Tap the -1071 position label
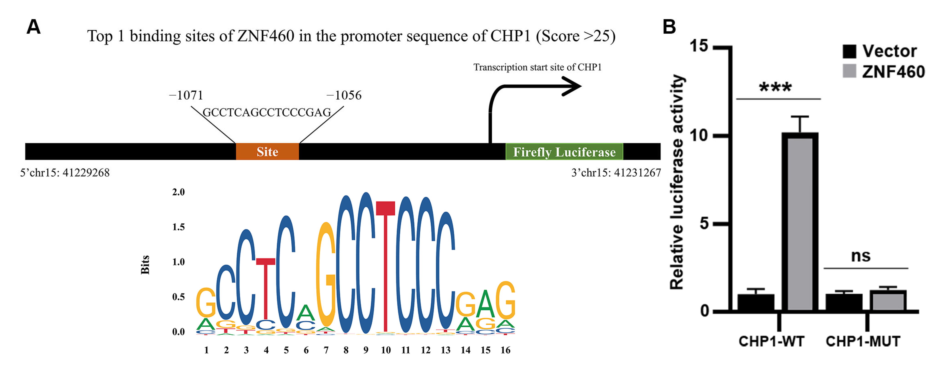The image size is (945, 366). pyautogui.click(x=186, y=95)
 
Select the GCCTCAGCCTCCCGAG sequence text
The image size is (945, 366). pyautogui.click(x=267, y=112)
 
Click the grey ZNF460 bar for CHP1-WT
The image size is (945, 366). pyautogui.click(x=800, y=223)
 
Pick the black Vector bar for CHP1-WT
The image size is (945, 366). pyautogui.click(x=756, y=303)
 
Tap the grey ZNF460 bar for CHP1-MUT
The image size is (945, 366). pyautogui.click(x=888, y=301)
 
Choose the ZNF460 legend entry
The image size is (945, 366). pyautogui.click(x=884, y=71)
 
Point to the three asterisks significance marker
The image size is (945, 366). pyautogui.click(x=775, y=88)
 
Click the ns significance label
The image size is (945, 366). pyautogui.click(x=860, y=256)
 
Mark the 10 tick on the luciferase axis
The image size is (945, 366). pyautogui.click(x=699, y=135)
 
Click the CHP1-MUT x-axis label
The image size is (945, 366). pyautogui.click(x=863, y=341)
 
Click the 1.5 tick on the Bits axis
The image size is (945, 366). pyautogui.click(x=179, y=227)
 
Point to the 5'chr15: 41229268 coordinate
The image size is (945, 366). pyautogui.click(x=65, y=173)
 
